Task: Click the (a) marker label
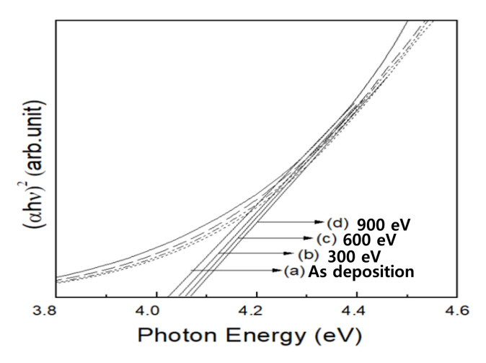(293, 271)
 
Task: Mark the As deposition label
(361, 271)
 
